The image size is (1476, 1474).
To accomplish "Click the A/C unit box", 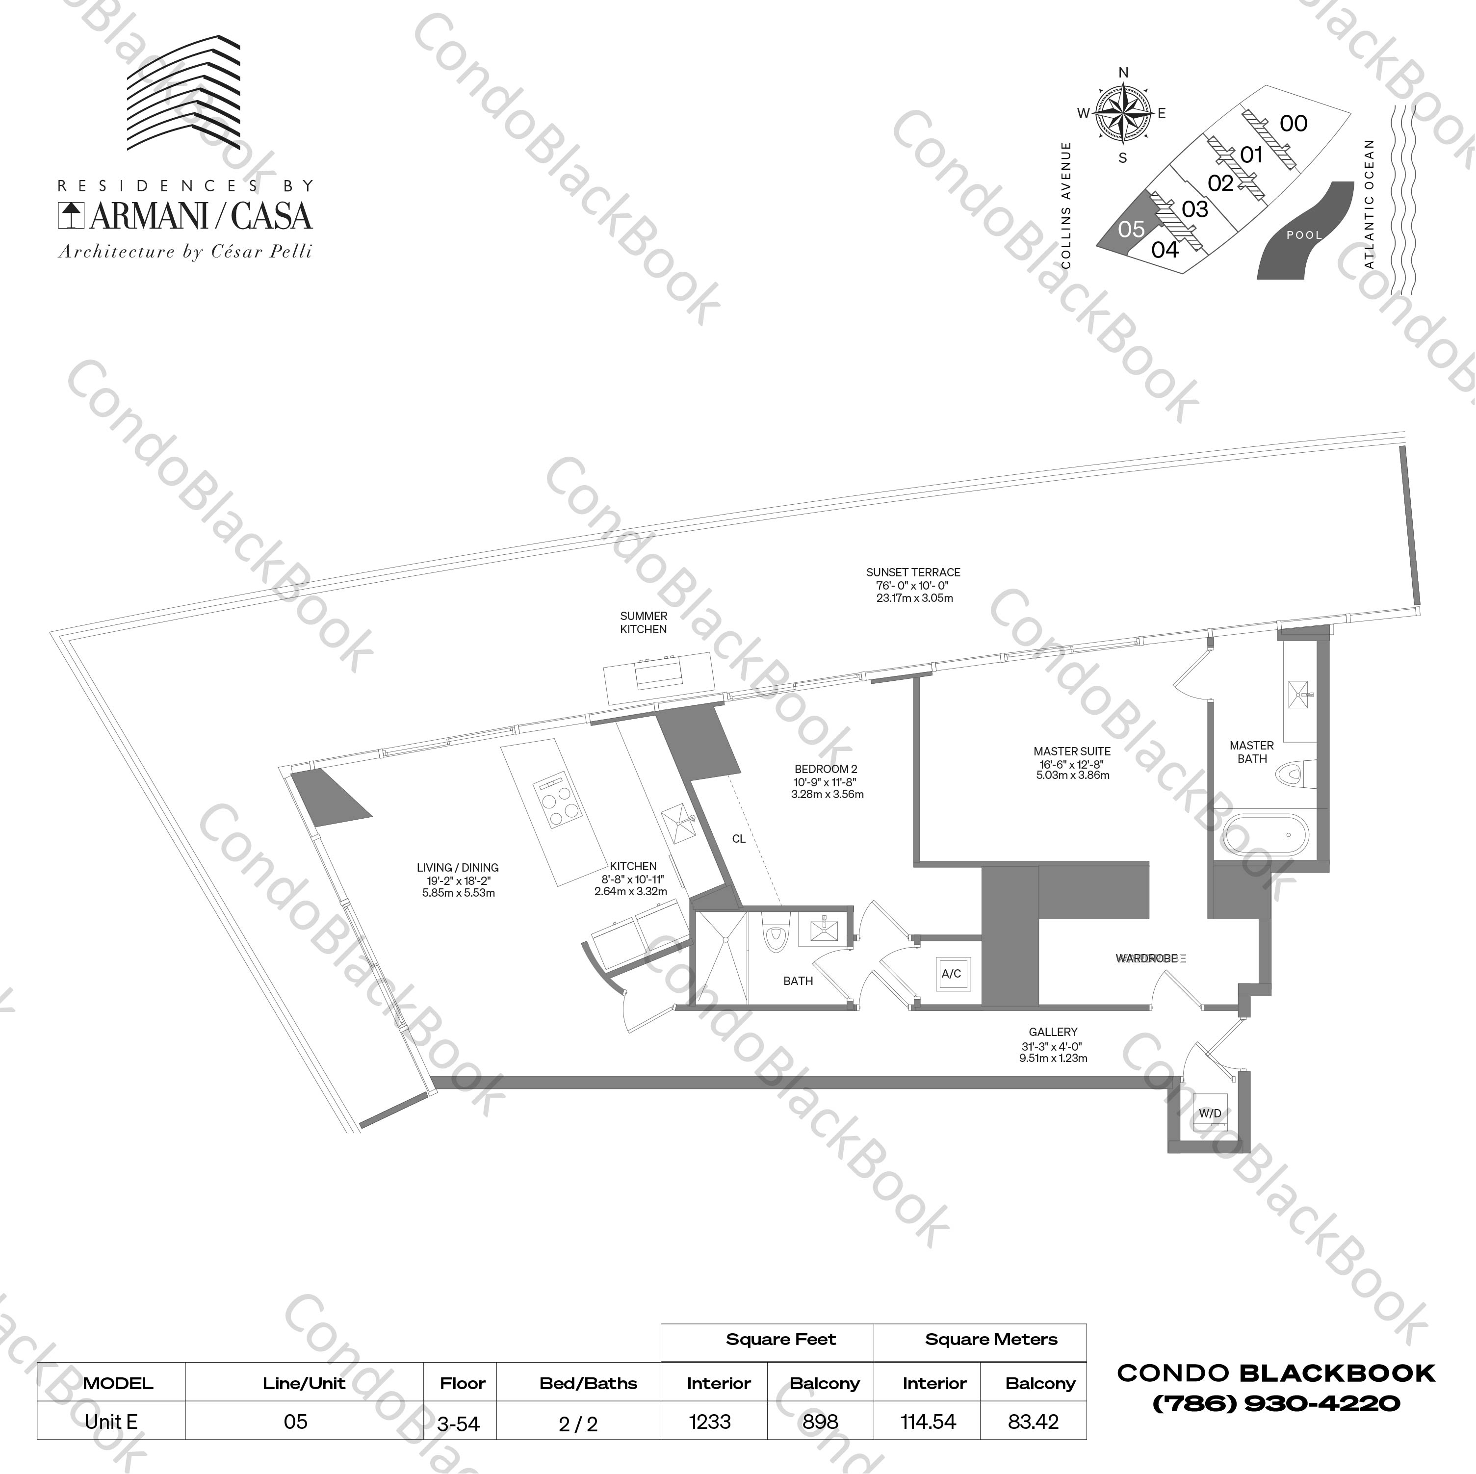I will coord(951,974).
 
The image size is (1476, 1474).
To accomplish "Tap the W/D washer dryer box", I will coord(1209,1113).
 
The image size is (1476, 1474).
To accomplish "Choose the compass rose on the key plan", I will coord(1122,115).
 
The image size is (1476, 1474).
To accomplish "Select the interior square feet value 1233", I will coord(710,1422).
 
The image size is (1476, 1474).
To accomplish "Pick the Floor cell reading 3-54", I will coord(458,1423).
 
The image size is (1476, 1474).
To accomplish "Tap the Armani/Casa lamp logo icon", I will coord(71,215).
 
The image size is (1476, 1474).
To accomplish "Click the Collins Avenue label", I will coord(1066,205).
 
